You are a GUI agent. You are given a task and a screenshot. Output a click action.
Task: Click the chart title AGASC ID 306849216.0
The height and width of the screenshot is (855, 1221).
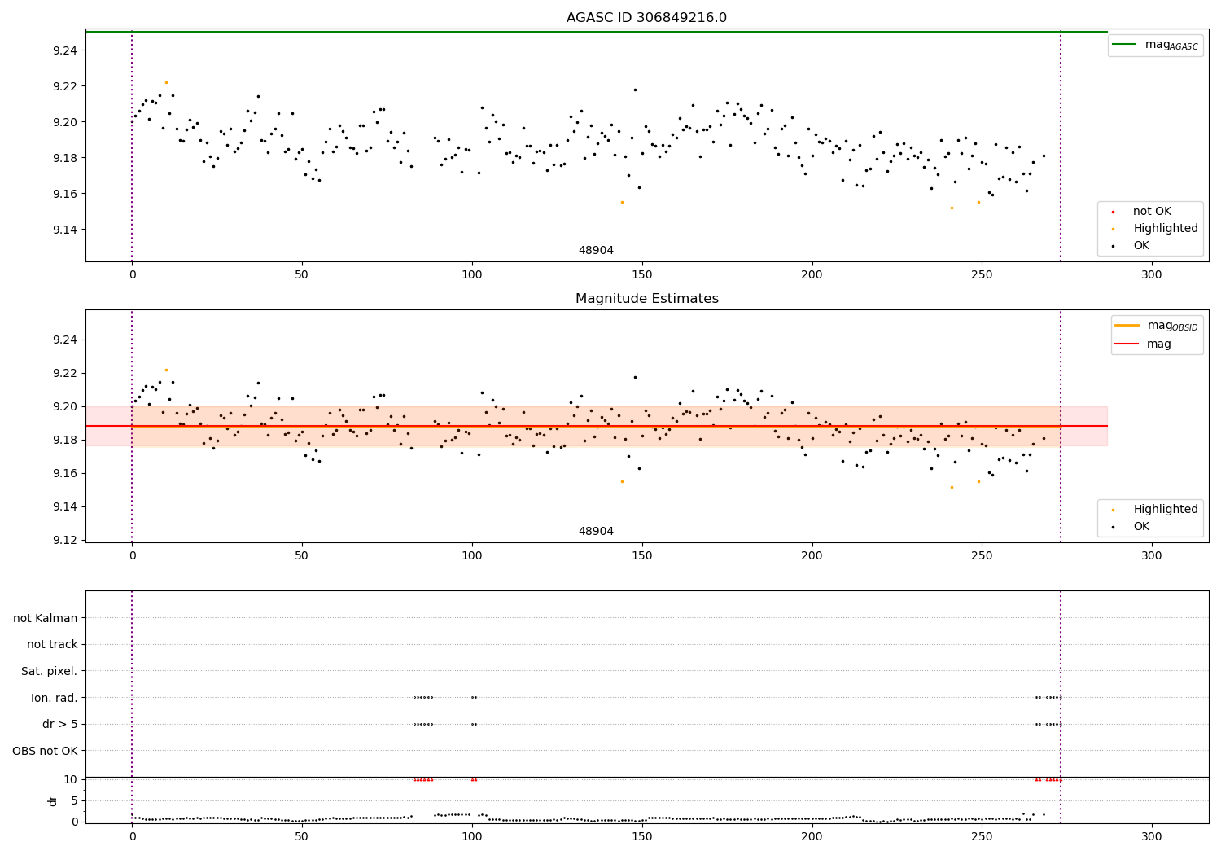[x=646, y=18]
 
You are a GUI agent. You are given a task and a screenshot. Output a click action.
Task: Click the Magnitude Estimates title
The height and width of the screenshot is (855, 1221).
[x=646, y=299]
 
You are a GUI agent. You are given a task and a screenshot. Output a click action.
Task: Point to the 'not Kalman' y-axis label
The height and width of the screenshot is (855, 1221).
[x=46, y=618]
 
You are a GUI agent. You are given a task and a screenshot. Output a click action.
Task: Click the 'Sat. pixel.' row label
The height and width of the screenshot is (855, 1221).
[x=50, y=671]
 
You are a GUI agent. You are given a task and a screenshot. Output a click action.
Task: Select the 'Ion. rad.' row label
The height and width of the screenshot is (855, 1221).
[x=55, y=698]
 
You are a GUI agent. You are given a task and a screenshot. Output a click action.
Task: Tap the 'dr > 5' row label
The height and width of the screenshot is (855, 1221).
[x=60, y=724]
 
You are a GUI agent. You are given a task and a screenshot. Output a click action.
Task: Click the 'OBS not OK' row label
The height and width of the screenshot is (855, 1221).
[x=46, y=751]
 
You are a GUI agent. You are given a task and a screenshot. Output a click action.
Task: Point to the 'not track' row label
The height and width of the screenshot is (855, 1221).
[x=52, y=645]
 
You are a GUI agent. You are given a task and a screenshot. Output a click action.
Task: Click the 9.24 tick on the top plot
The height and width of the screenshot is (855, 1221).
[x=64, y=50]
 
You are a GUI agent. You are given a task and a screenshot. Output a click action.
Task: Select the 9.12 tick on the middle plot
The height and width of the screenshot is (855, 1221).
[x=64, y=540]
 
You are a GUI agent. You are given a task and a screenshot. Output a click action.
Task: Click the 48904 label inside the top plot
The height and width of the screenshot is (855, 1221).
[x=596, y=251]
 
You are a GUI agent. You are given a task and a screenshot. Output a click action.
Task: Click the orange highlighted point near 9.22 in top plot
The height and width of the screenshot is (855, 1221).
[x=166, y=82]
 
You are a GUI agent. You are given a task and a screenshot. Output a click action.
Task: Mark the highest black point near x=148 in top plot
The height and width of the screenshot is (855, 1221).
[x=635, y=90]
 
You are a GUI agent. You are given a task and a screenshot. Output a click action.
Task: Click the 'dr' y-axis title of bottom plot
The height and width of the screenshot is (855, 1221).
[x=53, y=800]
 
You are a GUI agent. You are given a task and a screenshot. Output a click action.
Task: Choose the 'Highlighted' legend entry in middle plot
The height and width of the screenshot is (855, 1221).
[x=1165, y=510]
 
